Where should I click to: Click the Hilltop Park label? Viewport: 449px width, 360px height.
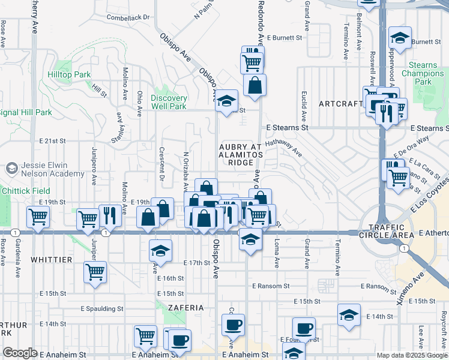click(69, 75)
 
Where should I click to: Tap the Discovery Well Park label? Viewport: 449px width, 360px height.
click(169, 102)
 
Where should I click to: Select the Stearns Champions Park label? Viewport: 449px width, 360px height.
click(423, 73)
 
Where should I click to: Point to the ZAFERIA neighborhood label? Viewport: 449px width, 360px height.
click(186, 307)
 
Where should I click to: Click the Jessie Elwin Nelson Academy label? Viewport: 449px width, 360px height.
click(53, 169)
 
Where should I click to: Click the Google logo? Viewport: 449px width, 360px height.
click(20, 353)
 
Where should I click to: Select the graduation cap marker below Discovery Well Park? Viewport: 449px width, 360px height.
click(227, 100)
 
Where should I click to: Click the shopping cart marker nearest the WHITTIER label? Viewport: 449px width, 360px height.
click(95, 272)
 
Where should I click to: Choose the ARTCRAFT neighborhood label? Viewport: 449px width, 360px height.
click(340, 104)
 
